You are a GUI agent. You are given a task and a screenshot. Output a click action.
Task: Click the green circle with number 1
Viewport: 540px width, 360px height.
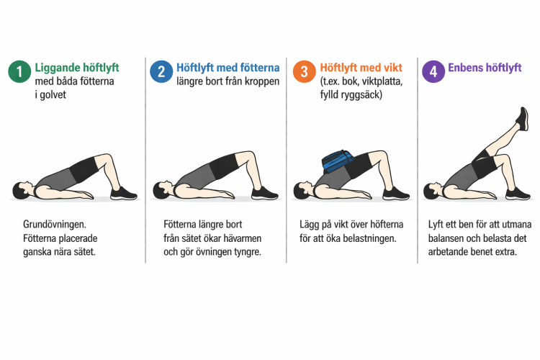tap(19, 71)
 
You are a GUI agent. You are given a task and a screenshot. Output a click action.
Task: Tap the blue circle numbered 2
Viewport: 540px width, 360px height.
tap(161, 71)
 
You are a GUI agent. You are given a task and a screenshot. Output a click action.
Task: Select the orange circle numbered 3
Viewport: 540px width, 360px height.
tap(304, 71)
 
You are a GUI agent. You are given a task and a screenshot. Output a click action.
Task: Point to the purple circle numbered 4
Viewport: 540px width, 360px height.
tap(433, 71)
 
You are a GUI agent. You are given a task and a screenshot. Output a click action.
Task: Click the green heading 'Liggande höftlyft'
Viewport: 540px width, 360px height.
tap(77, 68)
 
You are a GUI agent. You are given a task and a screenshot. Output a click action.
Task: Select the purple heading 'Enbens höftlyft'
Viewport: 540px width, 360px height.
tap(485, 68)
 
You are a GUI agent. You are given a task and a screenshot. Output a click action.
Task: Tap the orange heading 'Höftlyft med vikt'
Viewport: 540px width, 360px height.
tap(361, 68)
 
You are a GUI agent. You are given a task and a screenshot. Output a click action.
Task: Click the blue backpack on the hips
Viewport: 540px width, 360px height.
tap(338, 161)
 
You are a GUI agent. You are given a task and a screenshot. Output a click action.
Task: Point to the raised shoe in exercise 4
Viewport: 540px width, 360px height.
tap(523, 119)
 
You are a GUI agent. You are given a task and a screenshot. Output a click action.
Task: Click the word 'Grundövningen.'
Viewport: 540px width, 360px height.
tap(55, 225)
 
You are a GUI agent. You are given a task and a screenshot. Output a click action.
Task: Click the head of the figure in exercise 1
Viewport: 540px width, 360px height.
tap(21, 190)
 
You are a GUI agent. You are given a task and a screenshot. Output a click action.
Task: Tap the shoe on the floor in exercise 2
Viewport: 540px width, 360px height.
tap(264, 194)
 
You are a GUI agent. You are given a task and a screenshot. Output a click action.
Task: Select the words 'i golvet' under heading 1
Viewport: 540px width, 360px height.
tap(50, 95)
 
